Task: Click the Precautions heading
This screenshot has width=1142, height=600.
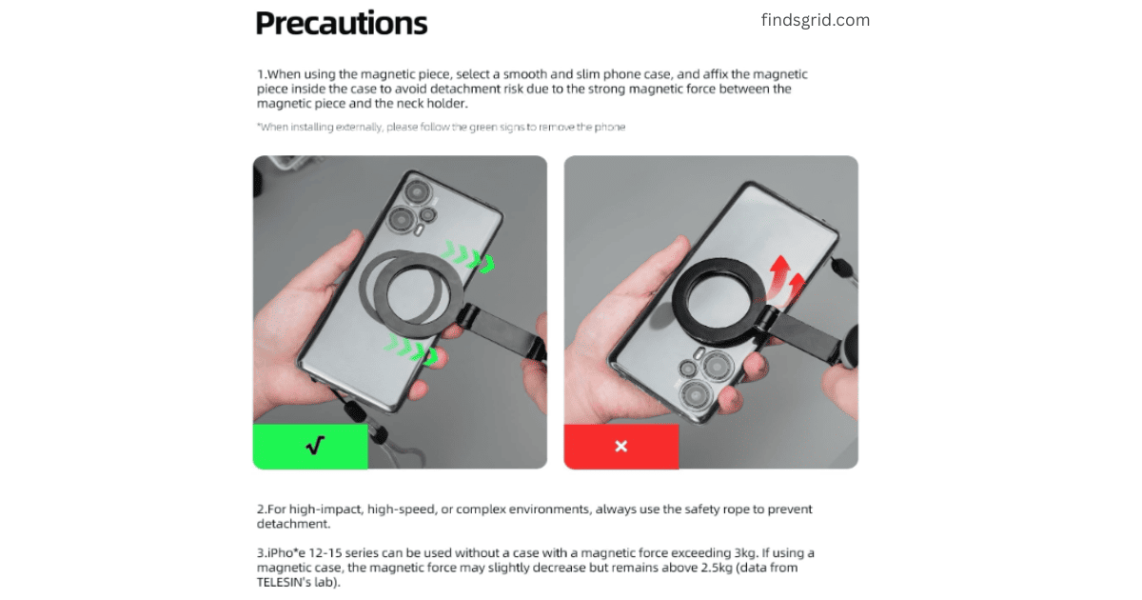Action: point(341,24)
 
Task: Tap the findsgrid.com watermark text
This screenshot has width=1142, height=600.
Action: point(816,20)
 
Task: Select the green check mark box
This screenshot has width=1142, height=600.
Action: point(310,447)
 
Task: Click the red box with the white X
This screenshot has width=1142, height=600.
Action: point(620,447)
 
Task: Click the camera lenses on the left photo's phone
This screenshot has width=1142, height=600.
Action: point(414,207)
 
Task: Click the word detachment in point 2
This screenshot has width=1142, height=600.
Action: point(293,524)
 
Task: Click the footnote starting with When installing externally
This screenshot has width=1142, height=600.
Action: point(441,127)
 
